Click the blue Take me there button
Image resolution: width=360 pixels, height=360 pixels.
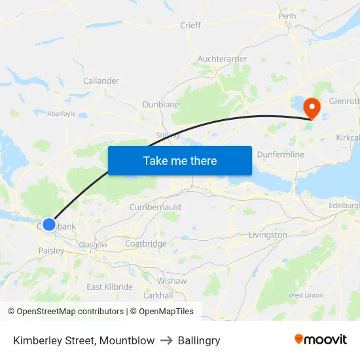click(x=180, y=161)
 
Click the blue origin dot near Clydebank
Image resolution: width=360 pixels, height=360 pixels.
click(x=49, y=225)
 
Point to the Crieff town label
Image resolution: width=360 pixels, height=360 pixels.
click(x=190, y=26)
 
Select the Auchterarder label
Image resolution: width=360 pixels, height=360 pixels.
click(x=222, y=59)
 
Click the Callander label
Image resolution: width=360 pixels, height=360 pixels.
click(x=101, y=81)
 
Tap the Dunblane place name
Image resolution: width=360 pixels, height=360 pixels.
click(x=161, y=104)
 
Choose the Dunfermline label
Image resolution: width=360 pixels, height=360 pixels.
click(x=281, y=154)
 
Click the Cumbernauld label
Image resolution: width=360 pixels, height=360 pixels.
click(x=155, y=207)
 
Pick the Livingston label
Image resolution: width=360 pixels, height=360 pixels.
click(x=268, y=234)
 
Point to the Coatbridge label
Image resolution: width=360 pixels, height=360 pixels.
click(x=146, y=243)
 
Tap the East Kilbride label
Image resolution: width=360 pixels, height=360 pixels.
click(x=109, y=287)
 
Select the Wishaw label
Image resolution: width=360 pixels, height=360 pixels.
click(x=172, y=281)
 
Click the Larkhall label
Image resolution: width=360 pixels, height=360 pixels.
click(x=158, y=295)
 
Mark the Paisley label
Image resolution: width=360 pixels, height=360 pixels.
click(x=51, y=251)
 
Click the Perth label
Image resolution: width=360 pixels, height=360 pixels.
click(x=287, y=16)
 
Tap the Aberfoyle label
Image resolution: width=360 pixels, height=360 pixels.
click(x=62, y=113)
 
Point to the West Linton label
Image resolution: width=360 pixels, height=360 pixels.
click(x=305, y=295)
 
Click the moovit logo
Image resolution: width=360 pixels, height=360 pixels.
click(x=321, y=340)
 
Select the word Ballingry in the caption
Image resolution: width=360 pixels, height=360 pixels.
click(x=199, y=340)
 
